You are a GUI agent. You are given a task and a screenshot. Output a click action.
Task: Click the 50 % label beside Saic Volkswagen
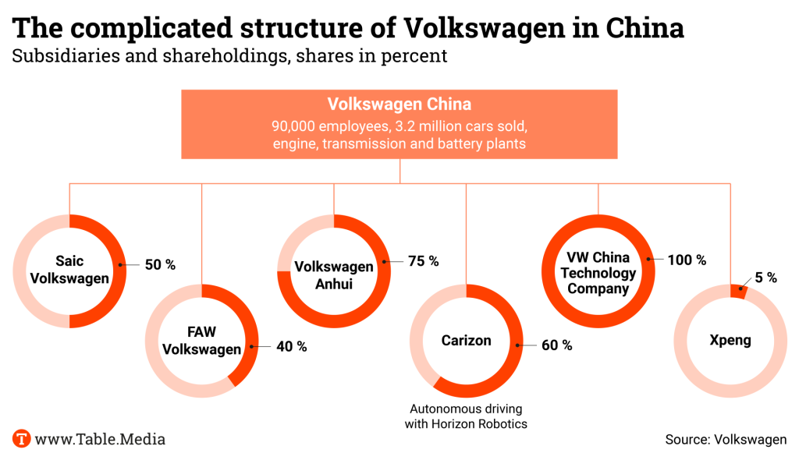[x=159, y=265]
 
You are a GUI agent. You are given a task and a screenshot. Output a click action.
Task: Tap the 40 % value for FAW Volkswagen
[x=291, y=346]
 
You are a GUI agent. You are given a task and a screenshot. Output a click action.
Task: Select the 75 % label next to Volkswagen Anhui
[x=423, y=261]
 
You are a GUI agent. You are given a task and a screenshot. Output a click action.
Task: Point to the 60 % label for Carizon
[x=556, y=345]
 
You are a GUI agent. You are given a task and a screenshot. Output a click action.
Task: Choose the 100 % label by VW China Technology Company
[x=687, y=260]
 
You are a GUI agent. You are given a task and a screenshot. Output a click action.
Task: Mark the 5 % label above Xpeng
[x=765, y=278]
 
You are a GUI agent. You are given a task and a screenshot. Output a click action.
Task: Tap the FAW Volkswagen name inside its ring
[x=201, y=341]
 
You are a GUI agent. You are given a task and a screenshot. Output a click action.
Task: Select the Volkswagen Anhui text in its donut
[x=334, y=275]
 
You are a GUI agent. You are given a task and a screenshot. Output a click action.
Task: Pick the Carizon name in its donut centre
[x=466, y=341]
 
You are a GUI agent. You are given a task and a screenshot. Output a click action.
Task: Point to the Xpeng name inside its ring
[x=730, y=341]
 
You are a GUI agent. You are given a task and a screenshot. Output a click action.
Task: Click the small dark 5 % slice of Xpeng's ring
[x=737, y=291]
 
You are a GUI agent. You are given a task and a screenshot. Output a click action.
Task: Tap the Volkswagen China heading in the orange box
[x=399, y=104]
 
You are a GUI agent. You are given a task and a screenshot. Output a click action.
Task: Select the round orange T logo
[x=22, y=438]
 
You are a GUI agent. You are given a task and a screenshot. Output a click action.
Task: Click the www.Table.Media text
[x=99, y=439]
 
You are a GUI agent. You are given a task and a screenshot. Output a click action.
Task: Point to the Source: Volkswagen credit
[x=726, y=440]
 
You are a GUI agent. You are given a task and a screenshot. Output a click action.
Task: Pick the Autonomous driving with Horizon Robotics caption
[x=466, y=416]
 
